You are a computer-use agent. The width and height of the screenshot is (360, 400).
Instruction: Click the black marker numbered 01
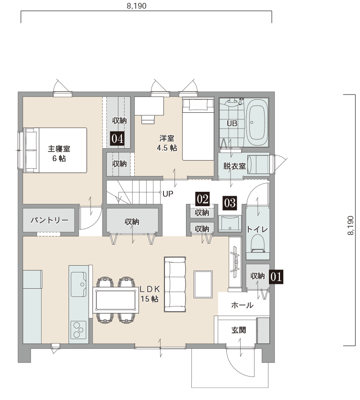tap(276, 277)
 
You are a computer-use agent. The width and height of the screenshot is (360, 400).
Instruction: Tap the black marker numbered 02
tap(203, 199)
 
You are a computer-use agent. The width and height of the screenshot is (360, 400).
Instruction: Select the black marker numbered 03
tap(230, 203)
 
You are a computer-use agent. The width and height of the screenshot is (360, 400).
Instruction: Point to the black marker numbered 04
tap(117, 139)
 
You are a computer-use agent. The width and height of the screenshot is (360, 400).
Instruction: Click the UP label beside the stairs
tap(168, 194)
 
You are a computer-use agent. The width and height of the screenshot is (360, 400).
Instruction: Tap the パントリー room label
tap(49, 220)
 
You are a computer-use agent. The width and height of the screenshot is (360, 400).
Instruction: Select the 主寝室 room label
tap(59, 149)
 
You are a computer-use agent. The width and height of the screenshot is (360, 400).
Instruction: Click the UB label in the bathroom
tap(232, 123)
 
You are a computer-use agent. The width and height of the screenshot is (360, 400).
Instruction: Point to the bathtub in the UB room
tap(256, 122)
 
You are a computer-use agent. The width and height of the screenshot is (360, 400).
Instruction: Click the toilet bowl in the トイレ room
tap(258, 242)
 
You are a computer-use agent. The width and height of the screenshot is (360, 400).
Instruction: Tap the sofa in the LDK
tap(175, 284)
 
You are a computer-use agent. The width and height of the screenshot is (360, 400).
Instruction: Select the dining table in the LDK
tap(116, 300)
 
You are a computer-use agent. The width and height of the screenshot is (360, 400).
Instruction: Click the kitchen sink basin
tap(78, 284)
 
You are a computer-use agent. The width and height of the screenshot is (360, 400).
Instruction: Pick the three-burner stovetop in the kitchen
tap(78, 329)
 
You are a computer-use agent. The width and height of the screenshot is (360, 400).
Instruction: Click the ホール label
tap(242, 305)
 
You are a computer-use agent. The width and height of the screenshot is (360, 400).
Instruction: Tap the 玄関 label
tap(239, 330)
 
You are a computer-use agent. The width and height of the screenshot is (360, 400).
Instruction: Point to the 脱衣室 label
tap(234, 166)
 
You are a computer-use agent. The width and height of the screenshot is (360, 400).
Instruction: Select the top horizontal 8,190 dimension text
tap(137, 6)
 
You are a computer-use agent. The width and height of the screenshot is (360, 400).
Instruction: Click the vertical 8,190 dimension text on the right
tap(350, 225)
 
